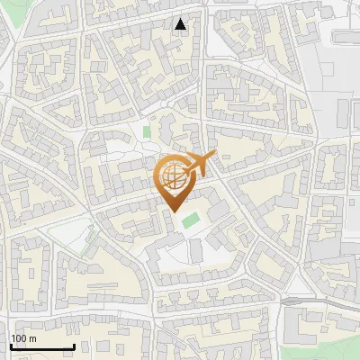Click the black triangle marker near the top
point(181,24)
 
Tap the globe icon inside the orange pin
point(171,175)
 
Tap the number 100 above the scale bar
point(19,338)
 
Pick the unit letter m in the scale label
point(33,338)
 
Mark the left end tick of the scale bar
point(12,345)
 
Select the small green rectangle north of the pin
point(146,133)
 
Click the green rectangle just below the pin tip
point(190,220)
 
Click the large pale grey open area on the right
point(346,108)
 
